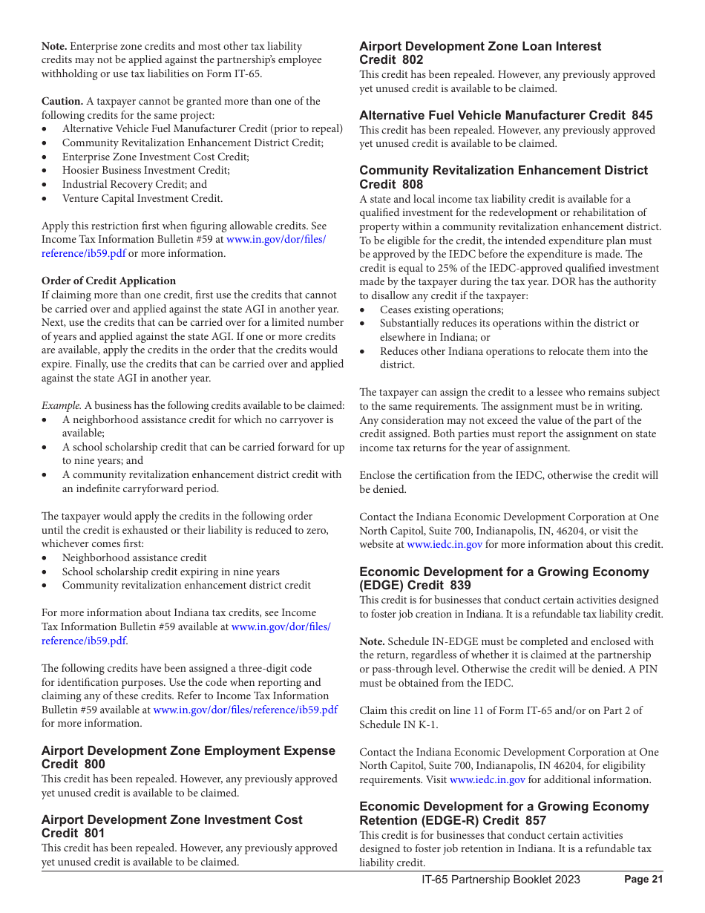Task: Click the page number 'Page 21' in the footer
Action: point(643,880)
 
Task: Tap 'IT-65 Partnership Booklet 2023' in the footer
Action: point(501,880)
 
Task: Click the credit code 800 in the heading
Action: point(95,765)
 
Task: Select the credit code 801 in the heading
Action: point(95,834)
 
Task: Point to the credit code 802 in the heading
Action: point(413,60)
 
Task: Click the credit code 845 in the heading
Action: point(642,115)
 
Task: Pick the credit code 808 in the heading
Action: point(413,184)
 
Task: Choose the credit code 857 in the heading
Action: point(535,820)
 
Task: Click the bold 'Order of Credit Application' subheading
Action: point(108,281)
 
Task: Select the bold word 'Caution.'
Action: point(62,101)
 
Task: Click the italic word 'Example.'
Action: point(61,405)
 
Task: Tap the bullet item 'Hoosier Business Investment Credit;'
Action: point(145,170)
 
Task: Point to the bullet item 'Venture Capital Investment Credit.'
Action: point(142,198)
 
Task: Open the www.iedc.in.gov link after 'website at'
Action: point(445,544)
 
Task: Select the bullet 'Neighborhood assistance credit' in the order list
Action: point(134,557)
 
